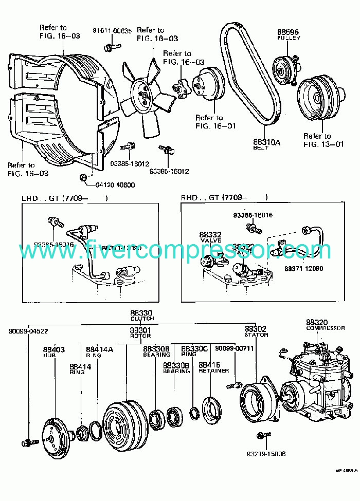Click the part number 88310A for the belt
[x=266, y=142]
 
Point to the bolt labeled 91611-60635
[x=109, y=48]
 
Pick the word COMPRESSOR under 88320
[x=325, y=328]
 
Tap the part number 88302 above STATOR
[x=255, y=329]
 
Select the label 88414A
[x=99, y=349]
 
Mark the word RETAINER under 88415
[x=213, y=370]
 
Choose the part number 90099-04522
[x=28, y=331]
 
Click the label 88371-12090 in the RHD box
[x=303, y=269]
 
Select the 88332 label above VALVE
[x=210, y=234]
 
